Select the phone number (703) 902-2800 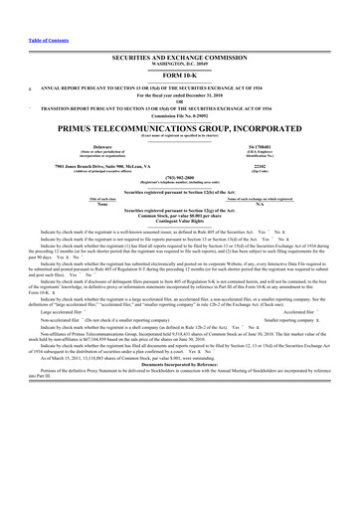pyautogui.click(x=180, y=180)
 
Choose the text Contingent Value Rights pyautogui.click(x=180, y=221)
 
